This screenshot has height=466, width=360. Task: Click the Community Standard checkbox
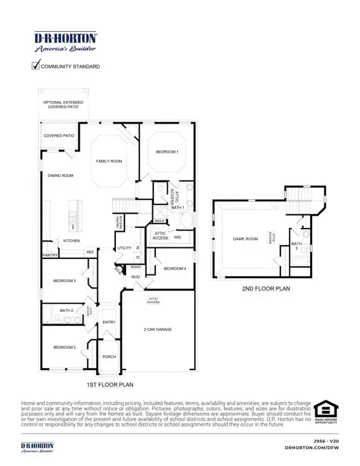36,65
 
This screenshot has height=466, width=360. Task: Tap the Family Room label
109,161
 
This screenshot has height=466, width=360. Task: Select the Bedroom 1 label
166,151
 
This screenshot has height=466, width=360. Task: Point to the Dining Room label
60,175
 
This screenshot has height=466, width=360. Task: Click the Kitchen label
71,241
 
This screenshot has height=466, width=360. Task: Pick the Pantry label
51,255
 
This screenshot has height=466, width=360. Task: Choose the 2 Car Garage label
157,329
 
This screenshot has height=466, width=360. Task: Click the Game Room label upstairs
245,239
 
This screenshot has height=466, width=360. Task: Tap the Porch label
109,356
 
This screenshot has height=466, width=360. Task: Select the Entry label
109,322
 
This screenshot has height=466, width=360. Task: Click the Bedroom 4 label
175,269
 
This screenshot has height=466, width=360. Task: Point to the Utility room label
124,248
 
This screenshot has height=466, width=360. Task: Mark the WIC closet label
178,238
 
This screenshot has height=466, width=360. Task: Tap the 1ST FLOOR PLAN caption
109,384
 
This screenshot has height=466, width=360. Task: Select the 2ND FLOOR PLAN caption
265,289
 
